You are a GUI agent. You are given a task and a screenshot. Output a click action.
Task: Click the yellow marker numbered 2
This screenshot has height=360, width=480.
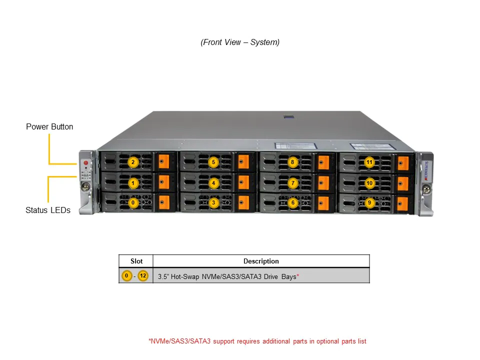tap(133, 162)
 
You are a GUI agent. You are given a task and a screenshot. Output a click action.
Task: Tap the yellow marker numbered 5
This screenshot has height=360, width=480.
tap(213, 162)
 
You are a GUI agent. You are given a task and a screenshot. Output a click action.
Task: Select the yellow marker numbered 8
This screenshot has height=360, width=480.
tap(293, 162)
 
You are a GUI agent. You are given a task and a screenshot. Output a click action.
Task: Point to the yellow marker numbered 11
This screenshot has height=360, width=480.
tap(369, 162)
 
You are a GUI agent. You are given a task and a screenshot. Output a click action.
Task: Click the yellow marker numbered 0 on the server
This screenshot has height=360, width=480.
tap(133, 203)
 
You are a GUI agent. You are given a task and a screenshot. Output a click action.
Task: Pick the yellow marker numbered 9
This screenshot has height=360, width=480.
tap(369, 203)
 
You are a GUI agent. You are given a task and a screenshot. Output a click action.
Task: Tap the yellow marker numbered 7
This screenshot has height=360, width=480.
tap(293, 183)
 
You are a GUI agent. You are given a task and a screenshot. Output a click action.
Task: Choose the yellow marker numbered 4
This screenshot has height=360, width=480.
tap(213, 183)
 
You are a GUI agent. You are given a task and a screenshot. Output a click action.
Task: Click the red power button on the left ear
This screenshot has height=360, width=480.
tap(85, 163)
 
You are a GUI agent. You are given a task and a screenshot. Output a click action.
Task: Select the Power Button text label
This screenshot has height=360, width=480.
tap(49, 127)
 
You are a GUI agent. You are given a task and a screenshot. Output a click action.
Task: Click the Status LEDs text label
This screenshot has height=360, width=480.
tap(48, 210)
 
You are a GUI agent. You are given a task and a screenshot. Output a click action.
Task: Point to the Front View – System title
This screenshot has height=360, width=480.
tap(240, 42)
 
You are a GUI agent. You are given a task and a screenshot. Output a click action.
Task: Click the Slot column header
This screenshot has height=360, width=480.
tap(136, 261)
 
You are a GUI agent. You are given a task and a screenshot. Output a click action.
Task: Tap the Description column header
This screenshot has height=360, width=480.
tap(261, 261)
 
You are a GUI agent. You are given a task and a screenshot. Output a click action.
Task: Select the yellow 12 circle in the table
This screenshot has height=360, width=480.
tap(143, 276)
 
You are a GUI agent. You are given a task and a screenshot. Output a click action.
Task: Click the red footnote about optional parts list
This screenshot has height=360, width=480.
tap(257, 341)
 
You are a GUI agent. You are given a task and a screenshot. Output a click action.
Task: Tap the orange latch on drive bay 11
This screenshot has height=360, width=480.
tap(403, 162)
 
